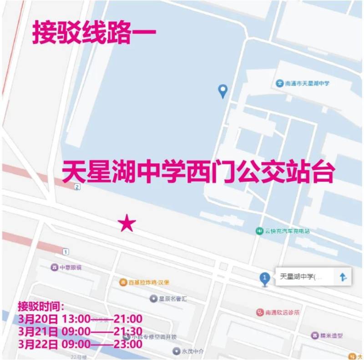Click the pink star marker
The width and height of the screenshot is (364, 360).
point(127,223)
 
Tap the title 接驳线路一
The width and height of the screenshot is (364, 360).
point(94,34)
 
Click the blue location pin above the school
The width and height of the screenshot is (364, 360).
point(222,90)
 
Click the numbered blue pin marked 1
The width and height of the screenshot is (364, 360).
point(264,278)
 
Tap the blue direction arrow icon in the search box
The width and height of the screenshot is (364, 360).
point(343,277)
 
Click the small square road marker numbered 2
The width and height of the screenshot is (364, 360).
point(78,187)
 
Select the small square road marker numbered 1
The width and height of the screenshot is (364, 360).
point(66,251)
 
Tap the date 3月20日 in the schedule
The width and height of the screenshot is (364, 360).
point(38,319)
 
